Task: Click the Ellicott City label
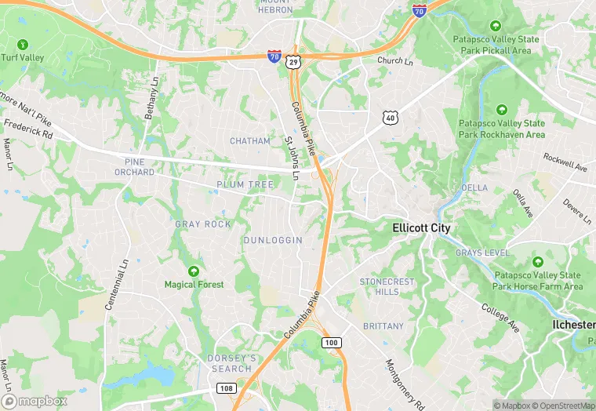tap(422, 227)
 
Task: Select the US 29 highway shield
tap(293, 60)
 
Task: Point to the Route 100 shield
tap(332, 343)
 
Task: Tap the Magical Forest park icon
tap(194, 271)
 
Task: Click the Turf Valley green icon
tap(23, 44)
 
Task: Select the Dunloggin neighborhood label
tap(273, 240)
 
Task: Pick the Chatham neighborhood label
tap(250, 141)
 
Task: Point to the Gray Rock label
tap(203, 224)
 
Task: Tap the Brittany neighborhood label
tap(383, 326)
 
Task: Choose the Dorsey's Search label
tap(231, 363)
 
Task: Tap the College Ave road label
tap(500, 317)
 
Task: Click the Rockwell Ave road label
tap(565, 162)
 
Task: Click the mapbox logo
tap(35, 400)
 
